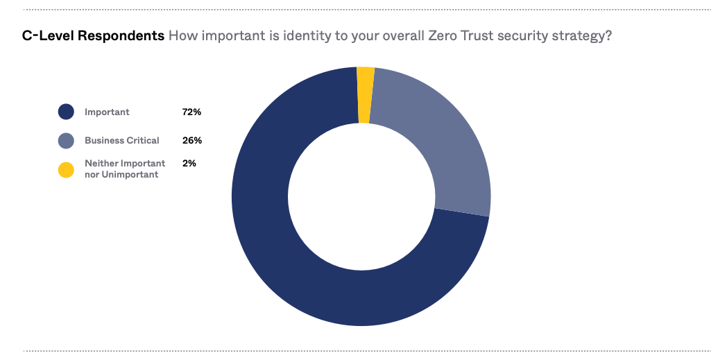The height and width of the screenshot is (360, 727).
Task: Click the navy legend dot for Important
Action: click(66, 112)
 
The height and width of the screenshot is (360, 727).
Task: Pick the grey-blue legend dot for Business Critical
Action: click(66, 140)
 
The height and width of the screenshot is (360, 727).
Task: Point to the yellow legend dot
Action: click(66, 169)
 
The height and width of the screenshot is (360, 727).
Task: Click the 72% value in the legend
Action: click(191, 112)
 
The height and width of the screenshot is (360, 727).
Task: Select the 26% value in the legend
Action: click(192, 140)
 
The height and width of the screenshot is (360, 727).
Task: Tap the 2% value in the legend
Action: click(189, 163)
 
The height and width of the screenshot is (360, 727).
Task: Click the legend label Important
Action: click(107, 112)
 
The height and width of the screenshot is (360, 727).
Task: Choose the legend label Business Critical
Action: click(122, 140)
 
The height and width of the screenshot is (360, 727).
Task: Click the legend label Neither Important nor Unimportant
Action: click(125, 169)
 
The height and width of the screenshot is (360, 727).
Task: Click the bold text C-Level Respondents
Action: click(93, 35)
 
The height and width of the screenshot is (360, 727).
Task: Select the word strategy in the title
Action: click(580, 36)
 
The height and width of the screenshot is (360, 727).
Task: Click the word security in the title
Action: click(522, 36)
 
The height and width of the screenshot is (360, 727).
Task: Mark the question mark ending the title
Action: click(608, 35)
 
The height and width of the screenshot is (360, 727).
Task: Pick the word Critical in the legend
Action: click(143, 140)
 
